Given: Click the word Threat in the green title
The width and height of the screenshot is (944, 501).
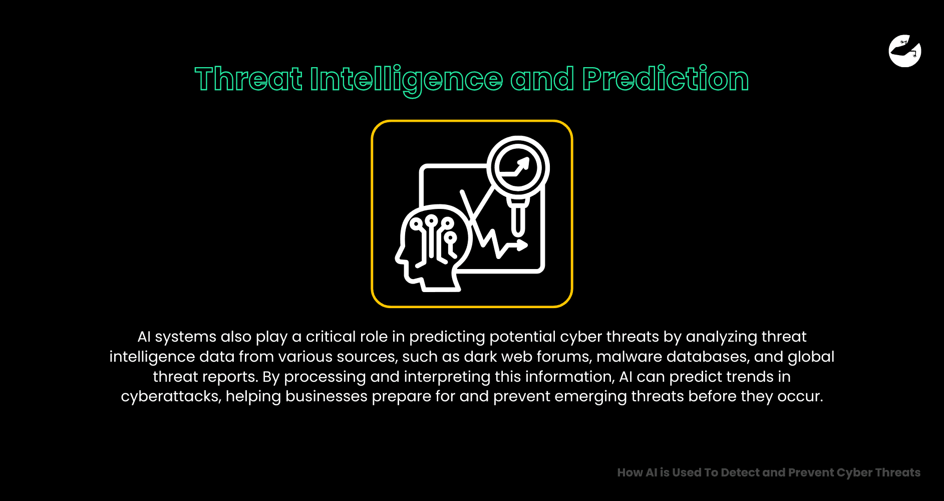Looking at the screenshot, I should [248, 79].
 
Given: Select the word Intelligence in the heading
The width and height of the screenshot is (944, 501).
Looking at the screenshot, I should [406, 79].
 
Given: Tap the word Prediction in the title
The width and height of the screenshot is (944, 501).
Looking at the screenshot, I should [665, 79].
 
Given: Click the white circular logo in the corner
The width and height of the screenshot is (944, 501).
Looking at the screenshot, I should [905, 51].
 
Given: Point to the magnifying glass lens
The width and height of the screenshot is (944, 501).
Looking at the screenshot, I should [518, 167].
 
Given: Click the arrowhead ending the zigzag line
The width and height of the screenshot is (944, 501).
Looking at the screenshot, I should [522, 245].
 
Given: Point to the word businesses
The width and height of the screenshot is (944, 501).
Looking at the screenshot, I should [327, 396].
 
